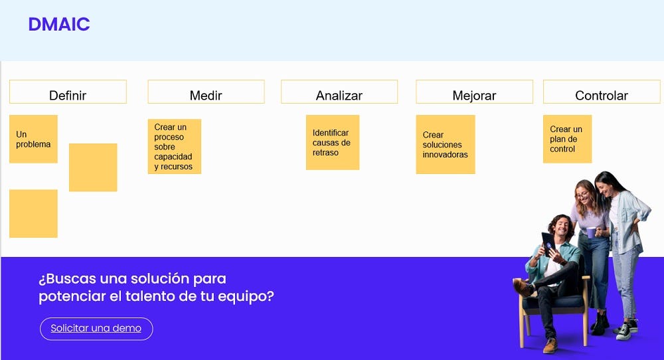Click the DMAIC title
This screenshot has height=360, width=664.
(x=58, y=25)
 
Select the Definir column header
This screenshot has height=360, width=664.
(x=68, y=95)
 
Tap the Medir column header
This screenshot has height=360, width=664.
(x=206, y=95)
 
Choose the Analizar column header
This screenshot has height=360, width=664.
(x=339, y=95)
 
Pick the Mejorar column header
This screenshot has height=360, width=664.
(x=474, y=95)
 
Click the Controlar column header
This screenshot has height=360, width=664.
(x=602, y=95)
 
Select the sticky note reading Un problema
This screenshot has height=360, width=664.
(x=33, y=139)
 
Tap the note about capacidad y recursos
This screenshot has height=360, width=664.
(x=174, y=147)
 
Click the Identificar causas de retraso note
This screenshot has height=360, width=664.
(x=332, y=142)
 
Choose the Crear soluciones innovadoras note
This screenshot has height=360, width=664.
(x=445, y=144)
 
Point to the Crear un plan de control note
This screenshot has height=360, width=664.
(x=566, y=139)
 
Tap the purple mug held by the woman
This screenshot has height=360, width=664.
(x=591, y=232)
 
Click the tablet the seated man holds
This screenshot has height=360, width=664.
(x=548, y=242)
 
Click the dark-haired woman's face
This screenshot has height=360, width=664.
(x=603, y=188)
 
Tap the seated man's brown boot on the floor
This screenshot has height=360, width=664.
(x=550, y=345)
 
